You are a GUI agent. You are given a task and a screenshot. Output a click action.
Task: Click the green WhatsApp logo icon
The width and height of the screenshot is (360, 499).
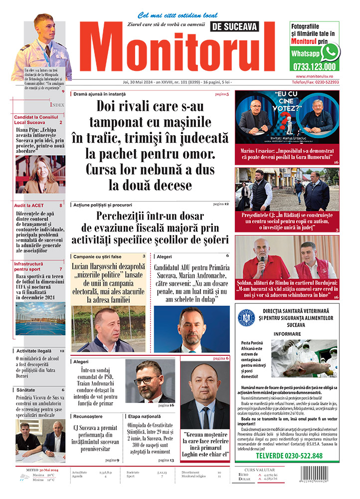330,52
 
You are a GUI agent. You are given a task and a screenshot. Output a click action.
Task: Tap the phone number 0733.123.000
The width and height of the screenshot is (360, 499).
315,66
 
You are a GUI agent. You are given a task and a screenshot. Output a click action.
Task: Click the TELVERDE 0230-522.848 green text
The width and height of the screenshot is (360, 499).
289,456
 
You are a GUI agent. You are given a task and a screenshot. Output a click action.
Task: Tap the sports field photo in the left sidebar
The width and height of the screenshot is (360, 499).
40,318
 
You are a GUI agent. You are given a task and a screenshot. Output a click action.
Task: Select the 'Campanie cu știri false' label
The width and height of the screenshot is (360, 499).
98,256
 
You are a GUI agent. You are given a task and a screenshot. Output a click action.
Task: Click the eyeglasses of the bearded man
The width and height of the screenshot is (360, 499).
147,380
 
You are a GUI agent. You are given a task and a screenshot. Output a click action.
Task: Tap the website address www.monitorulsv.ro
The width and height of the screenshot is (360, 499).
314,76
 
